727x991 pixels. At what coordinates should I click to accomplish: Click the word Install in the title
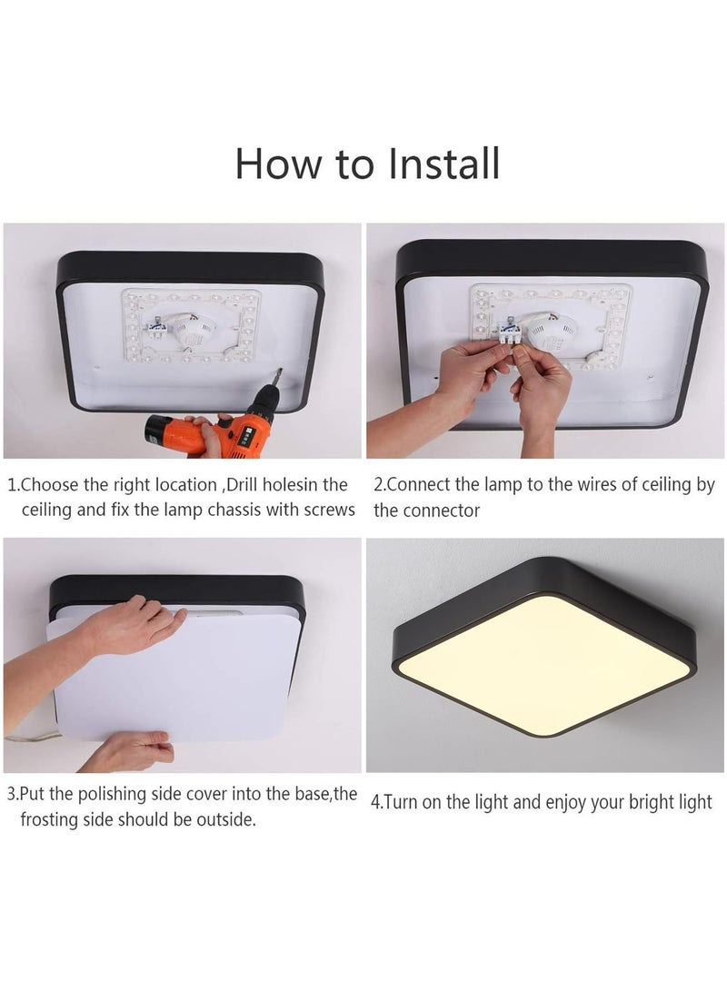443,164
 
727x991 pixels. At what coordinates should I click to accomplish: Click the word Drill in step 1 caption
242,485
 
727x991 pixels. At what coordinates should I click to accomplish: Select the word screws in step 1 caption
329,510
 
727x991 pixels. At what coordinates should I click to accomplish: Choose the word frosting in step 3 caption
53,819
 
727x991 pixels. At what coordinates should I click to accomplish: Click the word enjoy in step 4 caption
565,803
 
